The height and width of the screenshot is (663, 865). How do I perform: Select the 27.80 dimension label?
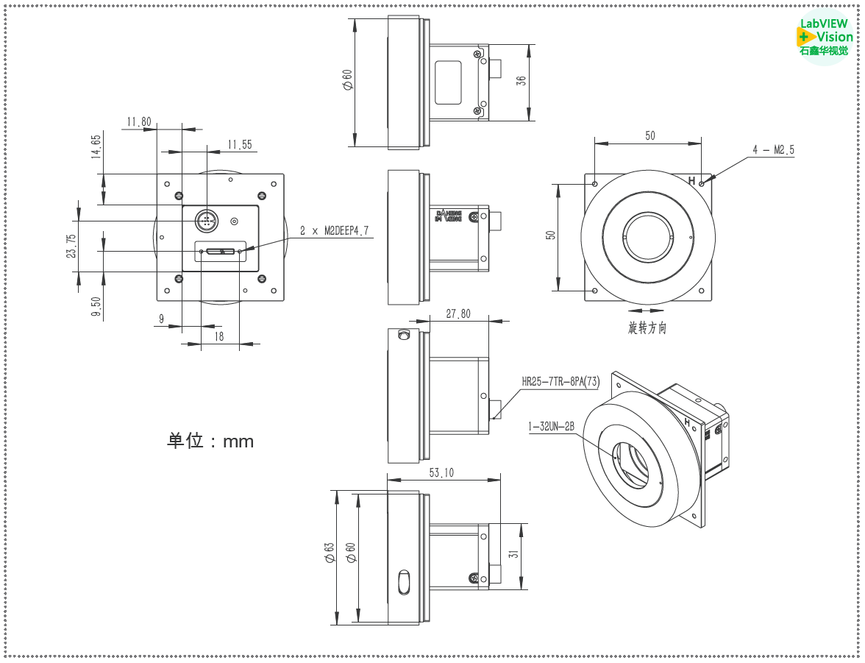(458, 313)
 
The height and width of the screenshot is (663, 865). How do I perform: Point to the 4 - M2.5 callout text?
(772, 150)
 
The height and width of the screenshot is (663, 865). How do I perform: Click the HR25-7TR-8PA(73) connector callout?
(560, 381)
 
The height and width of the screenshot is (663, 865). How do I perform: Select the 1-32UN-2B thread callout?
(550, 426)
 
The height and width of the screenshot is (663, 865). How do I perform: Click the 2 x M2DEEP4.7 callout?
(335, 231)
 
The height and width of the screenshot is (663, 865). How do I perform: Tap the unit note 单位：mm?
(210, 441)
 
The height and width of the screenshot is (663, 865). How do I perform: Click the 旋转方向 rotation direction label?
(647, 328)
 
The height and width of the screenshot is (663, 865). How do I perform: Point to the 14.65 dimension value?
(96, 147)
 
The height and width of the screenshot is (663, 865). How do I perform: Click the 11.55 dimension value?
(239, 145)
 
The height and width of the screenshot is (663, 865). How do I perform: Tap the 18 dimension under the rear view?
(219, 336)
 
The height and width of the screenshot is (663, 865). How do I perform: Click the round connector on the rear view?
(207, 220)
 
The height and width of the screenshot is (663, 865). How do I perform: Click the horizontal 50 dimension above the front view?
(649, 135)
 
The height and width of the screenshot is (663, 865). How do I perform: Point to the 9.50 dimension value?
(96, 303)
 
